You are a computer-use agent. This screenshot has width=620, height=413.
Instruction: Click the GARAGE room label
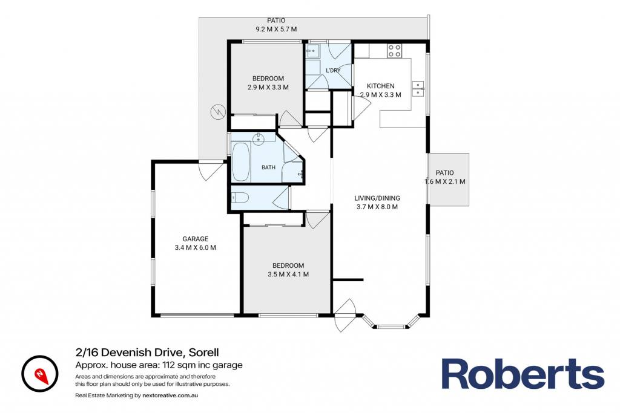pyautogui.click(x=196, y=239)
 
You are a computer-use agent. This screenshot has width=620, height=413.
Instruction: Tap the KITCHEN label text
pyautogui.click(x=380, y=86)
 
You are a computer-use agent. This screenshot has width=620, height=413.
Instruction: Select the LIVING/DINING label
pyautogui.click(x=377, y=198)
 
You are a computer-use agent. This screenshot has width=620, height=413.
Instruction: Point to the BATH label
pyautogui.click(x=268, y=167)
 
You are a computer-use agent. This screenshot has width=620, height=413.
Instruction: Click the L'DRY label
pyautogui.click(x=333, y=70)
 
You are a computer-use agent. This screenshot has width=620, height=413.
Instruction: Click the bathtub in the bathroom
pyautogui.click(x=241, y=162)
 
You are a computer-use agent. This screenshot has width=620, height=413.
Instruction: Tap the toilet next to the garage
pyautogui.click(x=240, y=197)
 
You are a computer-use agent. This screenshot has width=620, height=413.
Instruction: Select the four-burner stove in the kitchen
pyautogui.click(x=394, y=51)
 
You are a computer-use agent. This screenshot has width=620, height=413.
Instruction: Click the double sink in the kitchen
pyautogui.click(x=418, y=89)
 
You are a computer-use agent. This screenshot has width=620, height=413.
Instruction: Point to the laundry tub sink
pyautogui.click(x=313, y=51)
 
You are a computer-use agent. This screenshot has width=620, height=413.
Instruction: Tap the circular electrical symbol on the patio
pyautogui.click(x=218, y=112)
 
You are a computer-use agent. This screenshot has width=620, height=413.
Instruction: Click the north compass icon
pyautogui.click(x=40, y=374)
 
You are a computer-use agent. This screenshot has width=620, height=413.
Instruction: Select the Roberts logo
pyautogui.click(x=523, y=374)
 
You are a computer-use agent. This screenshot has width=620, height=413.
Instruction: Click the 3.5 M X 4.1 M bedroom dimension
pyautogui.click(x=288, y=275)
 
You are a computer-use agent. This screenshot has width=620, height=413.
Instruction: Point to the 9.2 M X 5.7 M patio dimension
pyautogui.click(x=276, y=29)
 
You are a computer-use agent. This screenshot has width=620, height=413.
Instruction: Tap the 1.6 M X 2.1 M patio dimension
pyautogui.click(x=445, y=181)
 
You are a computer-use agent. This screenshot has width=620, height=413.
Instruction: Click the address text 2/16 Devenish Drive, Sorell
pyautogui.click(x=147, y=352)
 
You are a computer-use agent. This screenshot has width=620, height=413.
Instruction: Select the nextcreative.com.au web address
pyautogui.click(x=170, y=395)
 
